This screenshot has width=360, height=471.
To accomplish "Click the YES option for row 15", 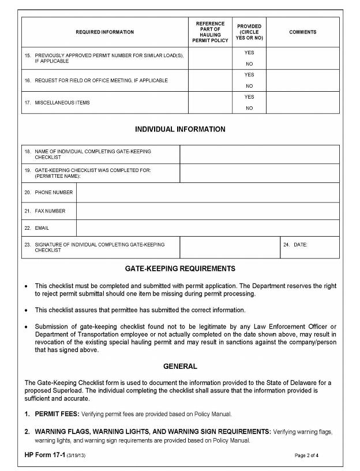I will pyautogui.click(x=249, y=53).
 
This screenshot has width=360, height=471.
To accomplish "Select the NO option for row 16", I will pyautogui.click(x=249, y=86).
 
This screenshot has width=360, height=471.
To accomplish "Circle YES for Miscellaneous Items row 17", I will pyautogui.click(x=249, y=97).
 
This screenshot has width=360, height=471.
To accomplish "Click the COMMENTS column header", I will pyautogui.click(x=303, y=32).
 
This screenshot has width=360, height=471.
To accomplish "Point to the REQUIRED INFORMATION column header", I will pyautogui.click(x=105, y=32).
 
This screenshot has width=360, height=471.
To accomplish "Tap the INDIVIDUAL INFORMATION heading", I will pyautogui.click(x=180, y=129).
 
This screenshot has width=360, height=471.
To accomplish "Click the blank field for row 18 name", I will pyautogui.click(x=260, y=154).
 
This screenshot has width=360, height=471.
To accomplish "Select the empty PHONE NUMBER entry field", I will pyautogui.click(x=208, y=192).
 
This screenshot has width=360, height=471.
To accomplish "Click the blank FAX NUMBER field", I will pyautogui.click(x=208, y=211).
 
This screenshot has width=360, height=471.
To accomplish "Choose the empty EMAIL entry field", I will pyautogui.click(x=208, y=228).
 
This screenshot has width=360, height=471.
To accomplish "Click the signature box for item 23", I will pyautogui.click(x=230, y=247).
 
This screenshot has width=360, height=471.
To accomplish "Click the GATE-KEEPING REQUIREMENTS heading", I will pyautogui.click(x=180, y=269).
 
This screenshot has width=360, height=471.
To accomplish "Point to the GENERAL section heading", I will pyautogui.click(x=180, y=367).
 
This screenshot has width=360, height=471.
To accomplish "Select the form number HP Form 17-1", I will pyautogui.click(x=44, y=455).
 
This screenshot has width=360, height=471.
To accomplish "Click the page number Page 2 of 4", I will pyautogui.click(x=306, y=456).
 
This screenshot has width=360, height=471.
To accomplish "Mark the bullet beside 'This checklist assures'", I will pyautogui.click(x=26, y=311).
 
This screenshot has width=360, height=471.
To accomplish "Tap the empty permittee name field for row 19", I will pyautogui.click(x=260, y=173).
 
